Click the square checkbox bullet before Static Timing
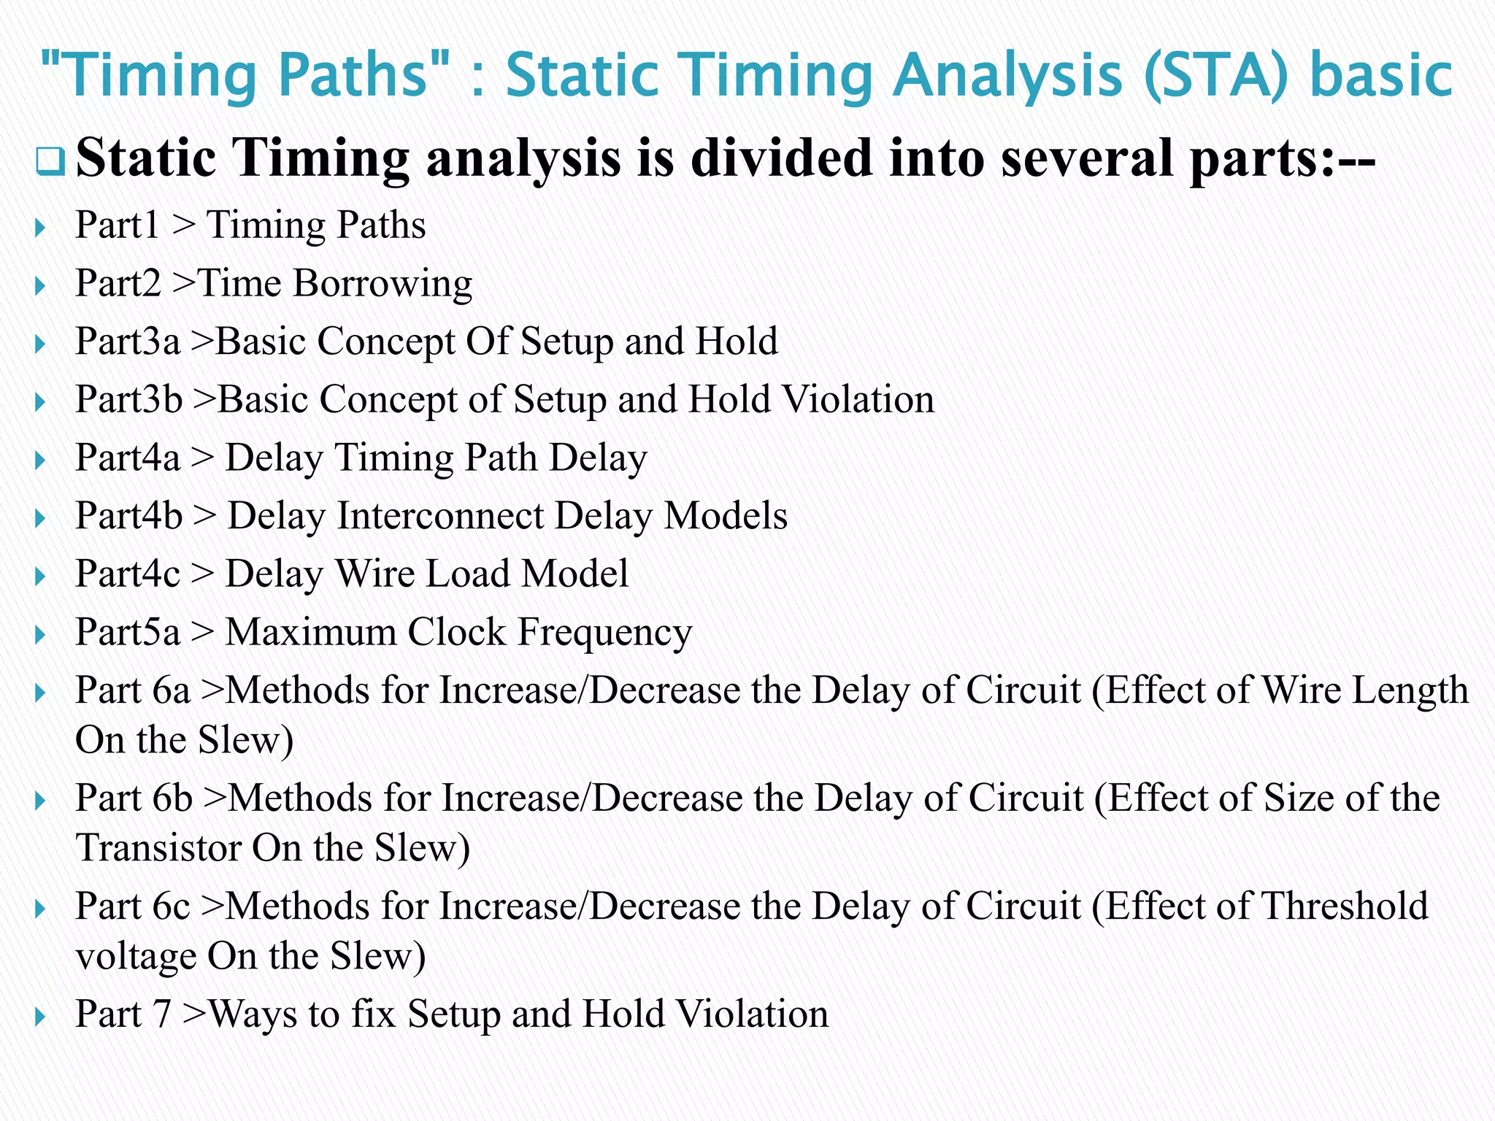point(50,161)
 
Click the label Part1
point(117,225)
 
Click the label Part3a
point(127,341)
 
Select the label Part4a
point(127,458)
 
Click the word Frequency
point(604,632)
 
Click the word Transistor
point(158,847)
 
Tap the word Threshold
point(1344,906)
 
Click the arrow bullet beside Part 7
point(40,1016)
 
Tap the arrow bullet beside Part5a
point(40,633)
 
